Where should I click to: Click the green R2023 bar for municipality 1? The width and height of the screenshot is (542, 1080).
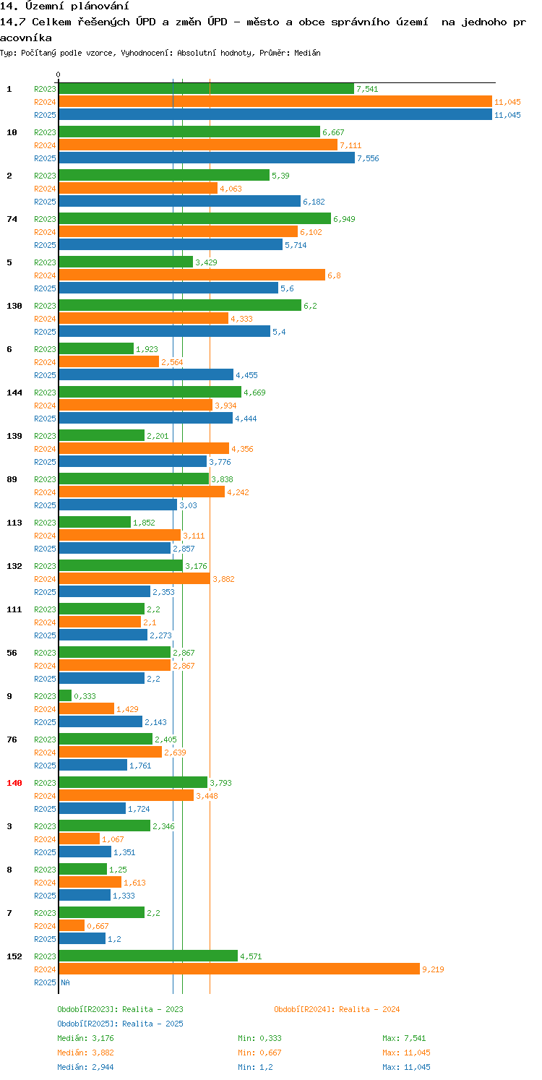tap(206, 89)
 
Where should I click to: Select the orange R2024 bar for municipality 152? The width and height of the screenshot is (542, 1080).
tap(238, 969)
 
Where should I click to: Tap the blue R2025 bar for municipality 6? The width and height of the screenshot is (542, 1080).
tap(146, 374)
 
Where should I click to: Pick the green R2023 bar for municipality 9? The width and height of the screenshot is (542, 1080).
tap(65, 695)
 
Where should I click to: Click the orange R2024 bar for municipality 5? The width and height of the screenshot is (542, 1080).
tap(192, 275)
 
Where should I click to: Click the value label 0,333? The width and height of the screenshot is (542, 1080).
tap(85, 696)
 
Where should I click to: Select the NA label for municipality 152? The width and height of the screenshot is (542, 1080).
tap(65, 982)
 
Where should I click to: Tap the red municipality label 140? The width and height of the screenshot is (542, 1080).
tap(14, 783)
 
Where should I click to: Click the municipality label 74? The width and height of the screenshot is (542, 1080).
tap(12, 219)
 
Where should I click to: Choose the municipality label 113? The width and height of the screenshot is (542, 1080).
tap(14, 523)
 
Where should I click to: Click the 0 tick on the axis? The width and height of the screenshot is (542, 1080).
tap(59, 74)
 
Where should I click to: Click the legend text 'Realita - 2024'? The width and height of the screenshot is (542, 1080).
tap(369, 1009)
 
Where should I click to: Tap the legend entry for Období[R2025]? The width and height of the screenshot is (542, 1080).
tap(120, 1024)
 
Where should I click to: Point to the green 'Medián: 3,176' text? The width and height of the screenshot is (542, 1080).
tap(85, 1038)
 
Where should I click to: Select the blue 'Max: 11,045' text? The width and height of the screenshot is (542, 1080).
tap(406, 1067)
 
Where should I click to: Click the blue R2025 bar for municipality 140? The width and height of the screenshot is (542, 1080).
tap(92, 808)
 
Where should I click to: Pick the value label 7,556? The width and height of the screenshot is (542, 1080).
tap(368, 158)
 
